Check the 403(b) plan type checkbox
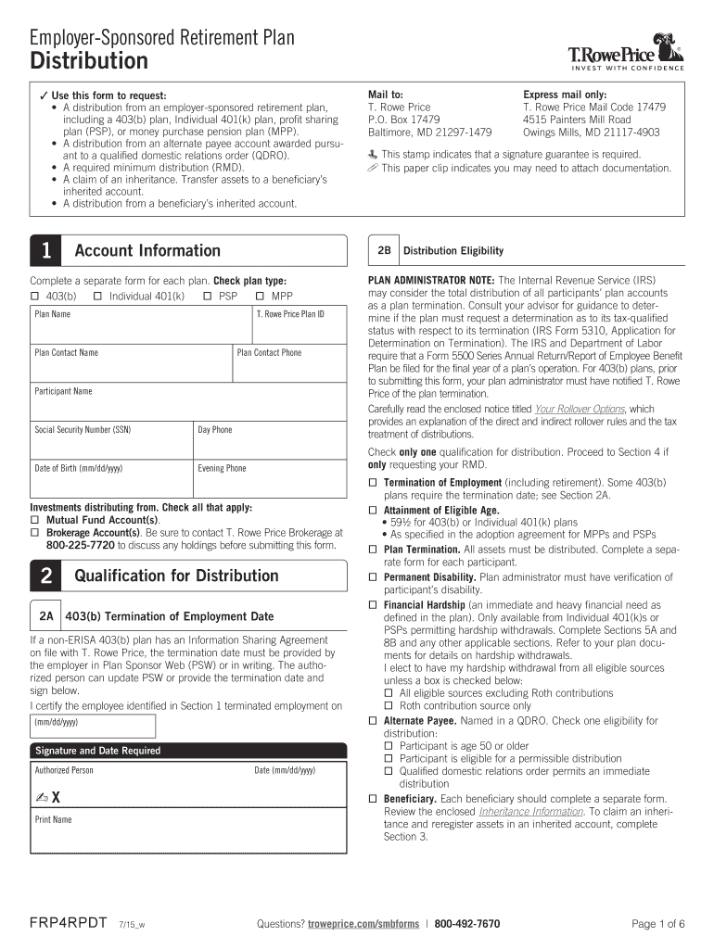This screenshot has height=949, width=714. point(35,296)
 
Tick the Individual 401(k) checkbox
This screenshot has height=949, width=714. point(97,296)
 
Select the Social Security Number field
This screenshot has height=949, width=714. point(111,442)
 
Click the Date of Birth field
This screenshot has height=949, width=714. point(111,480)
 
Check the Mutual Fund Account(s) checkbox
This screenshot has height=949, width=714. point(35,521)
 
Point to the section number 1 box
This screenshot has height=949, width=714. point(46,251)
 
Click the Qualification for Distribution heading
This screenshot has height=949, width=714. point(176,576)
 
